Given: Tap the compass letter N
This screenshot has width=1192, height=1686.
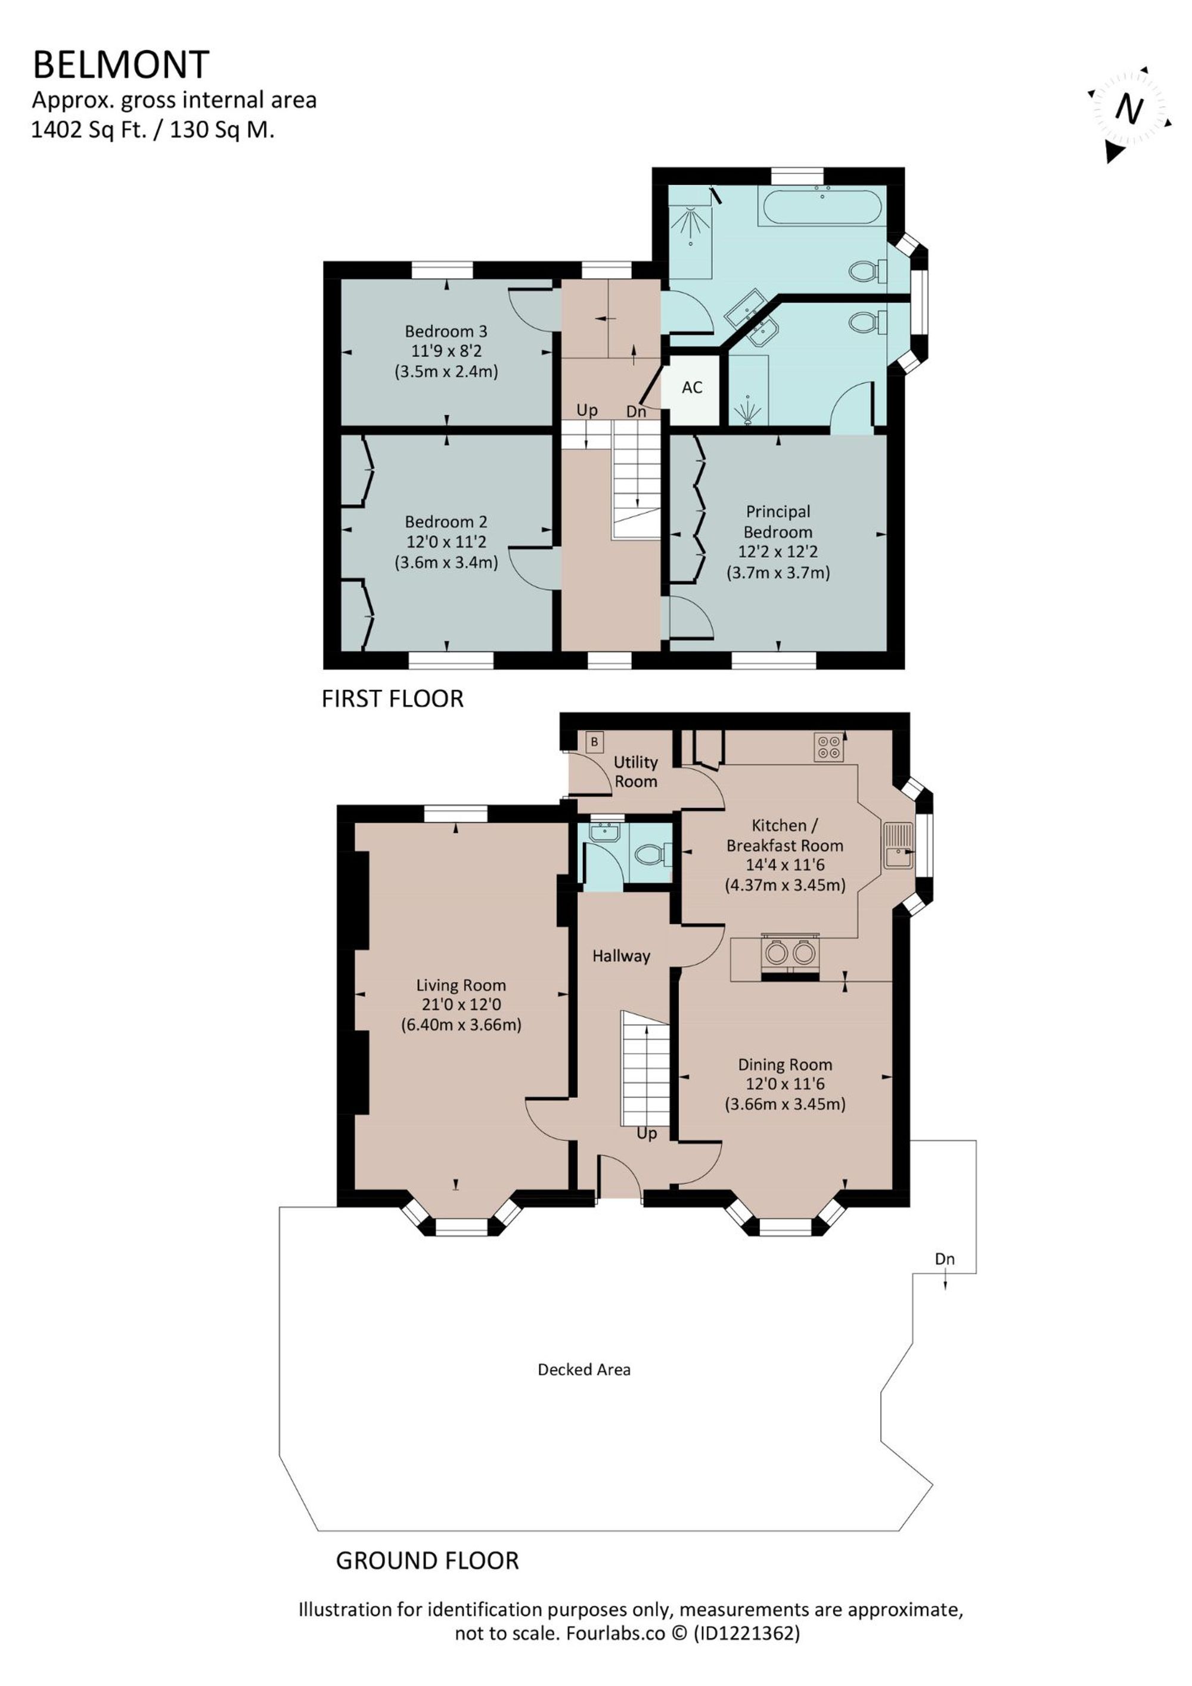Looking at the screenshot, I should (x=1129, y=110).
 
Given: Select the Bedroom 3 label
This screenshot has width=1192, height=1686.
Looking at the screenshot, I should (x=446, y=331).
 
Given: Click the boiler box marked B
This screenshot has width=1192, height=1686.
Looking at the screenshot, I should (x=594, y=741).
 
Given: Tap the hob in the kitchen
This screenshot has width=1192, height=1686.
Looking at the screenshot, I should (x=829, y=747).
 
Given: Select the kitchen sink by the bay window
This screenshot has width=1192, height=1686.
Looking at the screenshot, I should (x=898, y=845).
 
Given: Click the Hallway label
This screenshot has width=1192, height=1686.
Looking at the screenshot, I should (x=622, y=956).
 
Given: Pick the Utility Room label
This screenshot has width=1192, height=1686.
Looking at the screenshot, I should (x=635, y=771).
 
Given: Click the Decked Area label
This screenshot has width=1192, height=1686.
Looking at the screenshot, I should (x=584, y=1370).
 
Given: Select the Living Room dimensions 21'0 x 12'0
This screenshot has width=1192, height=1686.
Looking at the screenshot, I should (x=461, y=1005).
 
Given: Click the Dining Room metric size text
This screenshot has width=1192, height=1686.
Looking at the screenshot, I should (x=785, y=1104).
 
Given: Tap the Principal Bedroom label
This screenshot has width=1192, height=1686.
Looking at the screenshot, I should (x=778, y=521).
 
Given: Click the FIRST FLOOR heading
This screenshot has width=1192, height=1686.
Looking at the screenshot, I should (x=392, y=698).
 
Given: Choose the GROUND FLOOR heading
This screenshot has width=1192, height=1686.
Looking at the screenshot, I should (x=427, y=1560).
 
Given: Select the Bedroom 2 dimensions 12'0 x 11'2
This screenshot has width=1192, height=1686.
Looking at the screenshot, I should (x=446, y=542).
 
